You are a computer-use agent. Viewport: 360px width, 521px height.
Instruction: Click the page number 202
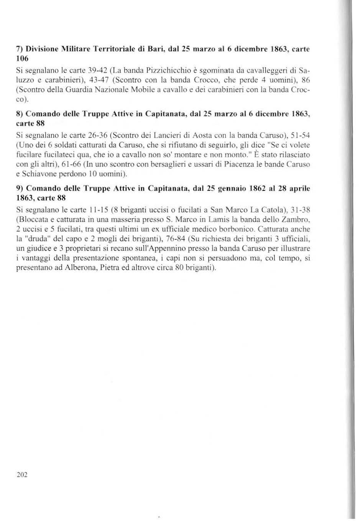(x=22, y=475)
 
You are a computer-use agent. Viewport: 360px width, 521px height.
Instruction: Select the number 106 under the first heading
(x=22, y=59)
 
